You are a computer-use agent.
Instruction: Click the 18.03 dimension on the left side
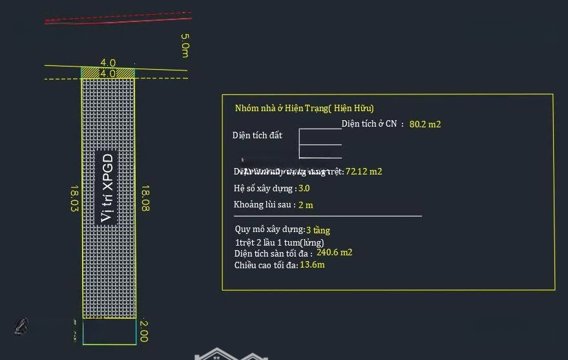coord(74,199)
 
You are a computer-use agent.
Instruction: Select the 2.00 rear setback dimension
coord(144,332)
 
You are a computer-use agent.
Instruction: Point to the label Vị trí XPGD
coord(107,188)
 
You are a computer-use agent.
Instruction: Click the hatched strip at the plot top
coord(108,73)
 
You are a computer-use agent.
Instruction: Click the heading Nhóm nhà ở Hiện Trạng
coord(304,109)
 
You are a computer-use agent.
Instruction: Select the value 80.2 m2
coord(425,123)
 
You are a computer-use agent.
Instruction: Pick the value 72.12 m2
coord(364,171)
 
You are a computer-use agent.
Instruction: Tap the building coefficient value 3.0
coord(304,188)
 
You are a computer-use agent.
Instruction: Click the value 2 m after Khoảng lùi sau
coord(306,205)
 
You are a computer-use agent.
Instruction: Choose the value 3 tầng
coord(318,230)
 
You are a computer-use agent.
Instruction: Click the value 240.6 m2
coord(335,253)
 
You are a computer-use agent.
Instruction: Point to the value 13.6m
coord(312,265)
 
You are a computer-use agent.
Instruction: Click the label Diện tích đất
coord(257,136)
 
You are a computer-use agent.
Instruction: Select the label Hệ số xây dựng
coord(265,188)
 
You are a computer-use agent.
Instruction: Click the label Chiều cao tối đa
coord(266,265)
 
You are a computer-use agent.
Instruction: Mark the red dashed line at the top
coord(116,17)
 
